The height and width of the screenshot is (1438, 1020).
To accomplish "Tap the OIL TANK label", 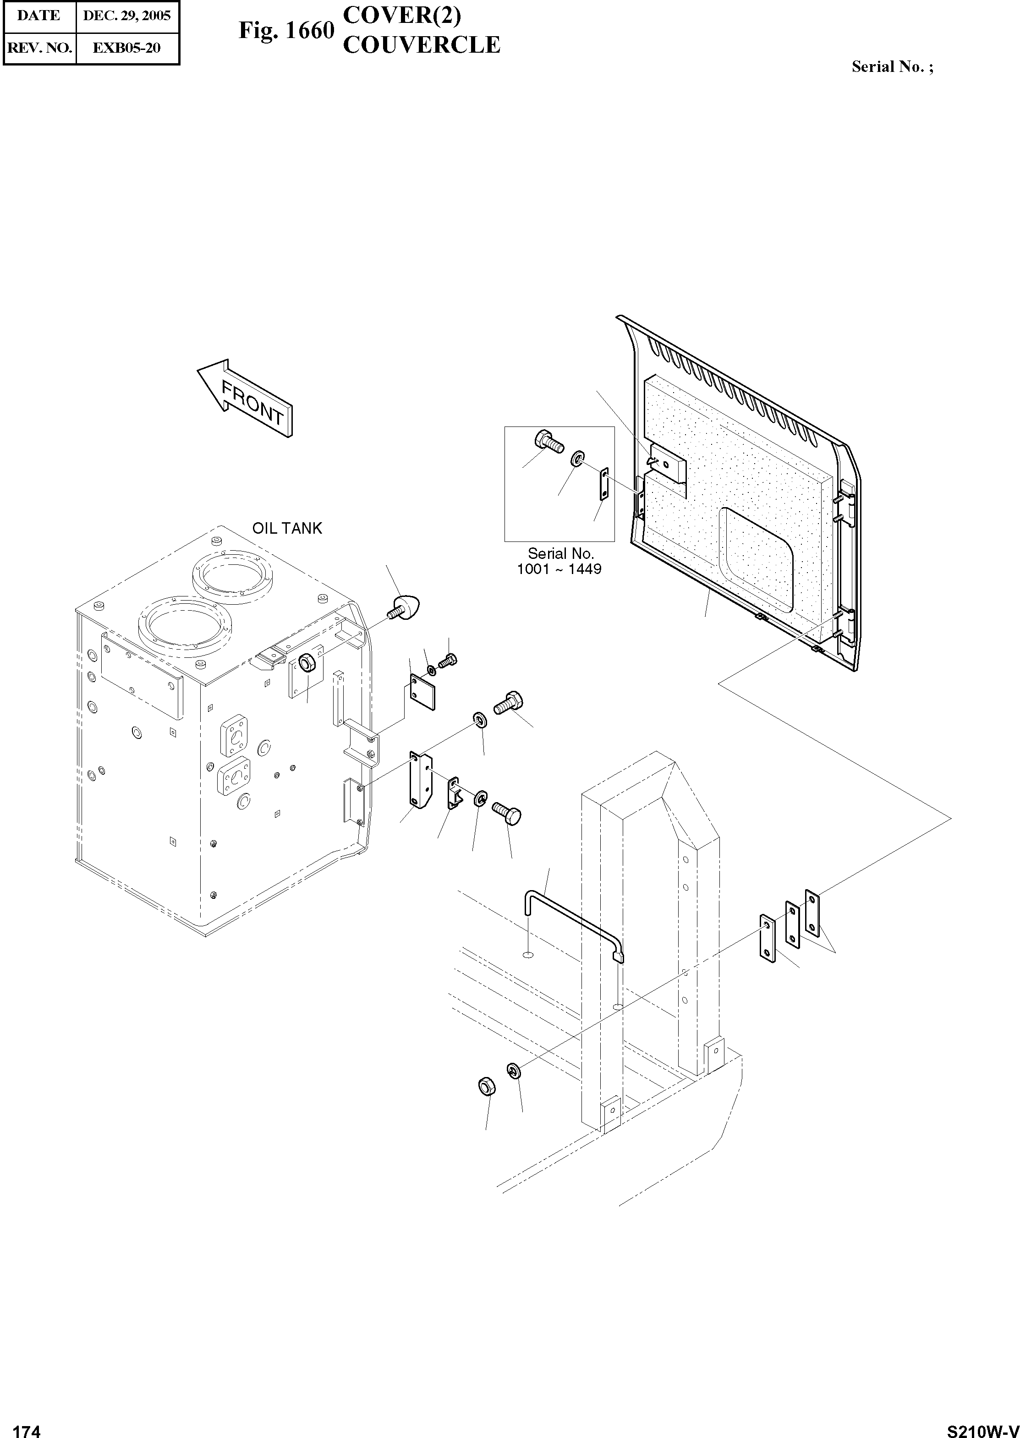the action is point(287,528).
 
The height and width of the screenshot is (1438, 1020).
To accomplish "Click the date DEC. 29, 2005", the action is point(127,16).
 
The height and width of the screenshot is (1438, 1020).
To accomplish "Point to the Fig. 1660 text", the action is point(286,30).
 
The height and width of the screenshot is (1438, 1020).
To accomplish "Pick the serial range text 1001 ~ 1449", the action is point(559,569).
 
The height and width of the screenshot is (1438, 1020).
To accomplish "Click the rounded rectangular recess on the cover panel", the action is point(756,561).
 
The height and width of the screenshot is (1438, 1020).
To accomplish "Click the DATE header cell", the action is point(39,16).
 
